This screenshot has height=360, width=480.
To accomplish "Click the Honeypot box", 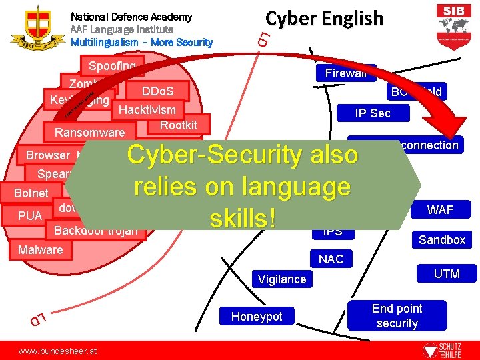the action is click(257, 317).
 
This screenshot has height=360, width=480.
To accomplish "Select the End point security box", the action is click(397, 316).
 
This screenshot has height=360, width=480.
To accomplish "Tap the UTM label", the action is click(447, 273).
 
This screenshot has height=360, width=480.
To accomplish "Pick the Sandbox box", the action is click(441, 240).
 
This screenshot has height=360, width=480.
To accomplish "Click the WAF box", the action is click(440, 210).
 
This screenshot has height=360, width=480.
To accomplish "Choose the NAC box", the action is click(331, 259).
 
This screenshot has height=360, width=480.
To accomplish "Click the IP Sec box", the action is click(372, 113).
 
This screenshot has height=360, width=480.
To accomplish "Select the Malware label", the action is click(40, 250).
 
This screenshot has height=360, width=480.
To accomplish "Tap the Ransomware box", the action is click(89, 133).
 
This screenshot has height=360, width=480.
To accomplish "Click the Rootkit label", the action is click(179, 125).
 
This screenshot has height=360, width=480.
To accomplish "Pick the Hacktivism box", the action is click(147, 110).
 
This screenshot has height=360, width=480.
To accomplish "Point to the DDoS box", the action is click(157, 91).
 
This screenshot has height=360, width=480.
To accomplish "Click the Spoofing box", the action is click(113, 66).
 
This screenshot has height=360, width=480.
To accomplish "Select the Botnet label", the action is click(32, 193).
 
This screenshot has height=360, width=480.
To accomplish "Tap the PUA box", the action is click(30, 216).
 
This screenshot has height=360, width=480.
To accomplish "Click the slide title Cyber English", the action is click(325, 18).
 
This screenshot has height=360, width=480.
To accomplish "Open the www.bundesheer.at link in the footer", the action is click(57, 350).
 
